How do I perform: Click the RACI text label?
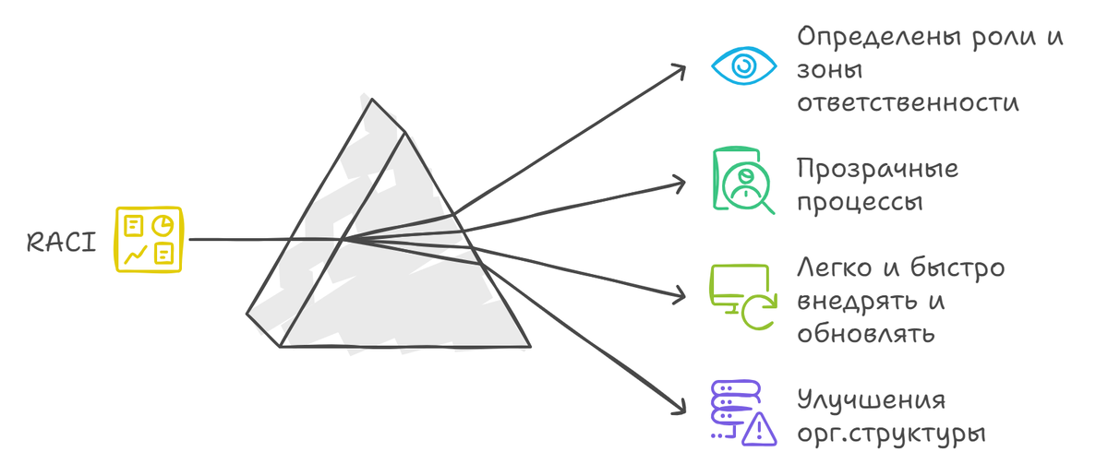(61, 243)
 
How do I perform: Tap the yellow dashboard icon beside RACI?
(149, 240)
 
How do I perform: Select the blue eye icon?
(743, 65)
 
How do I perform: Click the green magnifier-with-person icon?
(743, 181)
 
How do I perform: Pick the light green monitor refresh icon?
(743, 297)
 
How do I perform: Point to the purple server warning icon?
(743, 413)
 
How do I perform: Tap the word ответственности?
(909, 102)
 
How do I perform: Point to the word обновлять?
(866, 334)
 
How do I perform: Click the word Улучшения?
(872, 399)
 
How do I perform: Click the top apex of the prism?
(372, 100)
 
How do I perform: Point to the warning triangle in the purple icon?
(759, 430)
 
